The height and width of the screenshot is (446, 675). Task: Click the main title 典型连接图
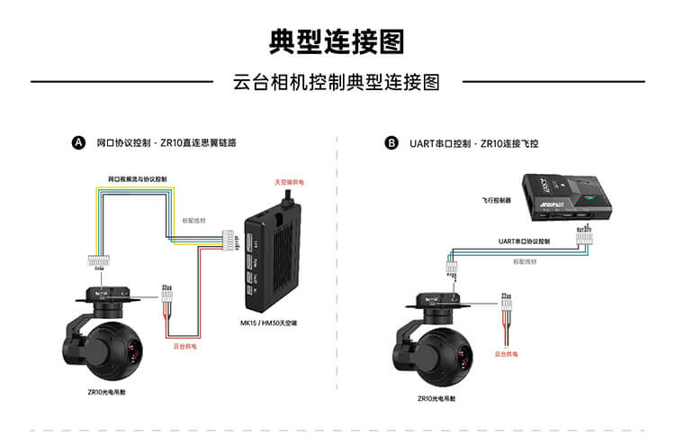337,41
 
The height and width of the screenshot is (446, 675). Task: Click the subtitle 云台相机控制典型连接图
337,82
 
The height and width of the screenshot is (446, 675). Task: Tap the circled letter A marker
78,142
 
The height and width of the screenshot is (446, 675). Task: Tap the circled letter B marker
391,142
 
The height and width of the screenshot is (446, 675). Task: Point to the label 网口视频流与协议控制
138,179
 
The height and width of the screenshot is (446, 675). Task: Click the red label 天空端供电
290,182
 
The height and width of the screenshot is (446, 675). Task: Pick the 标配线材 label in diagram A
194,219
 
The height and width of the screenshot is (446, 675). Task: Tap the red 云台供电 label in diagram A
184,344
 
